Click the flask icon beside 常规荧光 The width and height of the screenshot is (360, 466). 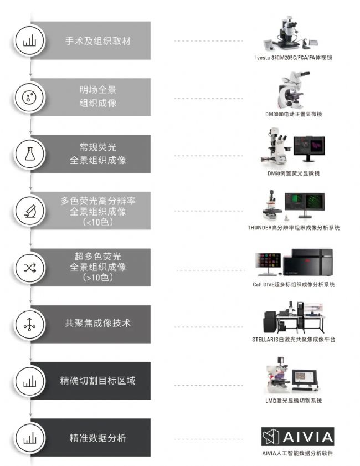pos(30,154)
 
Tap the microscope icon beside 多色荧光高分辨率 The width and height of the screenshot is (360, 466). pos(30,211)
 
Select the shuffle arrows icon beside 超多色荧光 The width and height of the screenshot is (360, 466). pos(30,268)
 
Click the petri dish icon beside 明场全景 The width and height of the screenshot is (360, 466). pos(29,97)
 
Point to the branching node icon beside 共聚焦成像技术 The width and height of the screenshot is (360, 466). pos(29,325)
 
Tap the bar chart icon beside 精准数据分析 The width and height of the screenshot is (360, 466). pos(30,438)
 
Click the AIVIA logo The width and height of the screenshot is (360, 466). pos(297,437)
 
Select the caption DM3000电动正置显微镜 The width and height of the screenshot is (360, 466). pos(294,114)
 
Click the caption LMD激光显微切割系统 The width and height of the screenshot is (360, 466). pos(294,401)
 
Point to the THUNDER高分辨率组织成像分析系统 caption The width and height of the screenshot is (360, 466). pos(294,228)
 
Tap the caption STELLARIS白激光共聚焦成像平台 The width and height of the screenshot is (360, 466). pos(294,340)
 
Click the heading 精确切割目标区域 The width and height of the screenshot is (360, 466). pos(97,381)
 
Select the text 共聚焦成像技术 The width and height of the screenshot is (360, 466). pos(97,323)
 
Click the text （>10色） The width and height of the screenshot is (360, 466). pos(97,278)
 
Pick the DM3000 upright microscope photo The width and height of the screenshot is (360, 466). pos(294,90)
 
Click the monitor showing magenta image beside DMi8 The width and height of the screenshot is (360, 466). pos(309,148)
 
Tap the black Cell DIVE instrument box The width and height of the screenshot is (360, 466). pos(308,263)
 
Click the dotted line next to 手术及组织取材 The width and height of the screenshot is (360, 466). pos(208,41)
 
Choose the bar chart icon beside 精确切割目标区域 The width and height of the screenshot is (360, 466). pos(30,381)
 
